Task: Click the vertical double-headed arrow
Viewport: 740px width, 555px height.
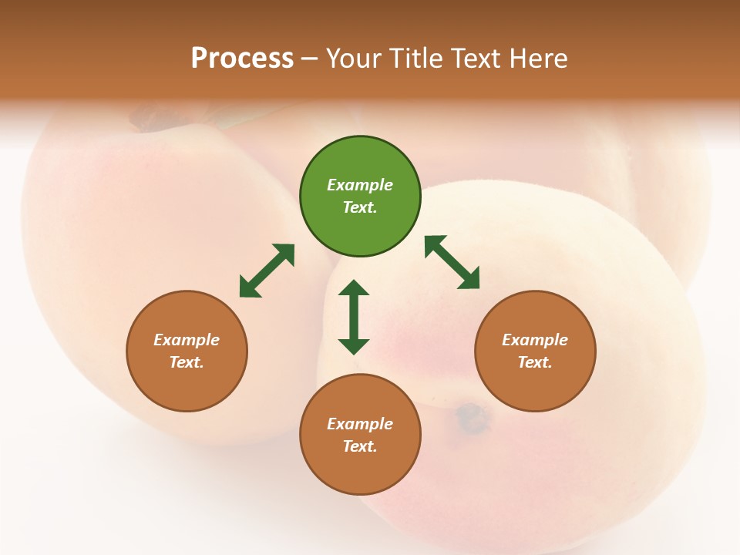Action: click(354, 317)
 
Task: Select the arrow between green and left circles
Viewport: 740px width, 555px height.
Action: click(267, 271)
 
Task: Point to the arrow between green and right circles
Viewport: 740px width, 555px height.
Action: click(452, 262)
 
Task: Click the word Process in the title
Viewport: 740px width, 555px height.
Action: click(242, 59)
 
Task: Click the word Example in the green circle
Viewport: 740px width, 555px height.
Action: click(360, 185)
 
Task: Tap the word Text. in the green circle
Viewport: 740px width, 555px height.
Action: click(360, 207)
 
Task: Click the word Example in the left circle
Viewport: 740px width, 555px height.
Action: click(187, 340)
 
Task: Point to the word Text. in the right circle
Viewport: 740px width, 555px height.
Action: click(535, 362)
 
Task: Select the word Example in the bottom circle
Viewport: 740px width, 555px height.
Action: click(360, 424)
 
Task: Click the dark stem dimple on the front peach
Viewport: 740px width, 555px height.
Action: click(472, 417)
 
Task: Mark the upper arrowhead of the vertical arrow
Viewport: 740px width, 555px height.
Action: click(354, 288)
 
